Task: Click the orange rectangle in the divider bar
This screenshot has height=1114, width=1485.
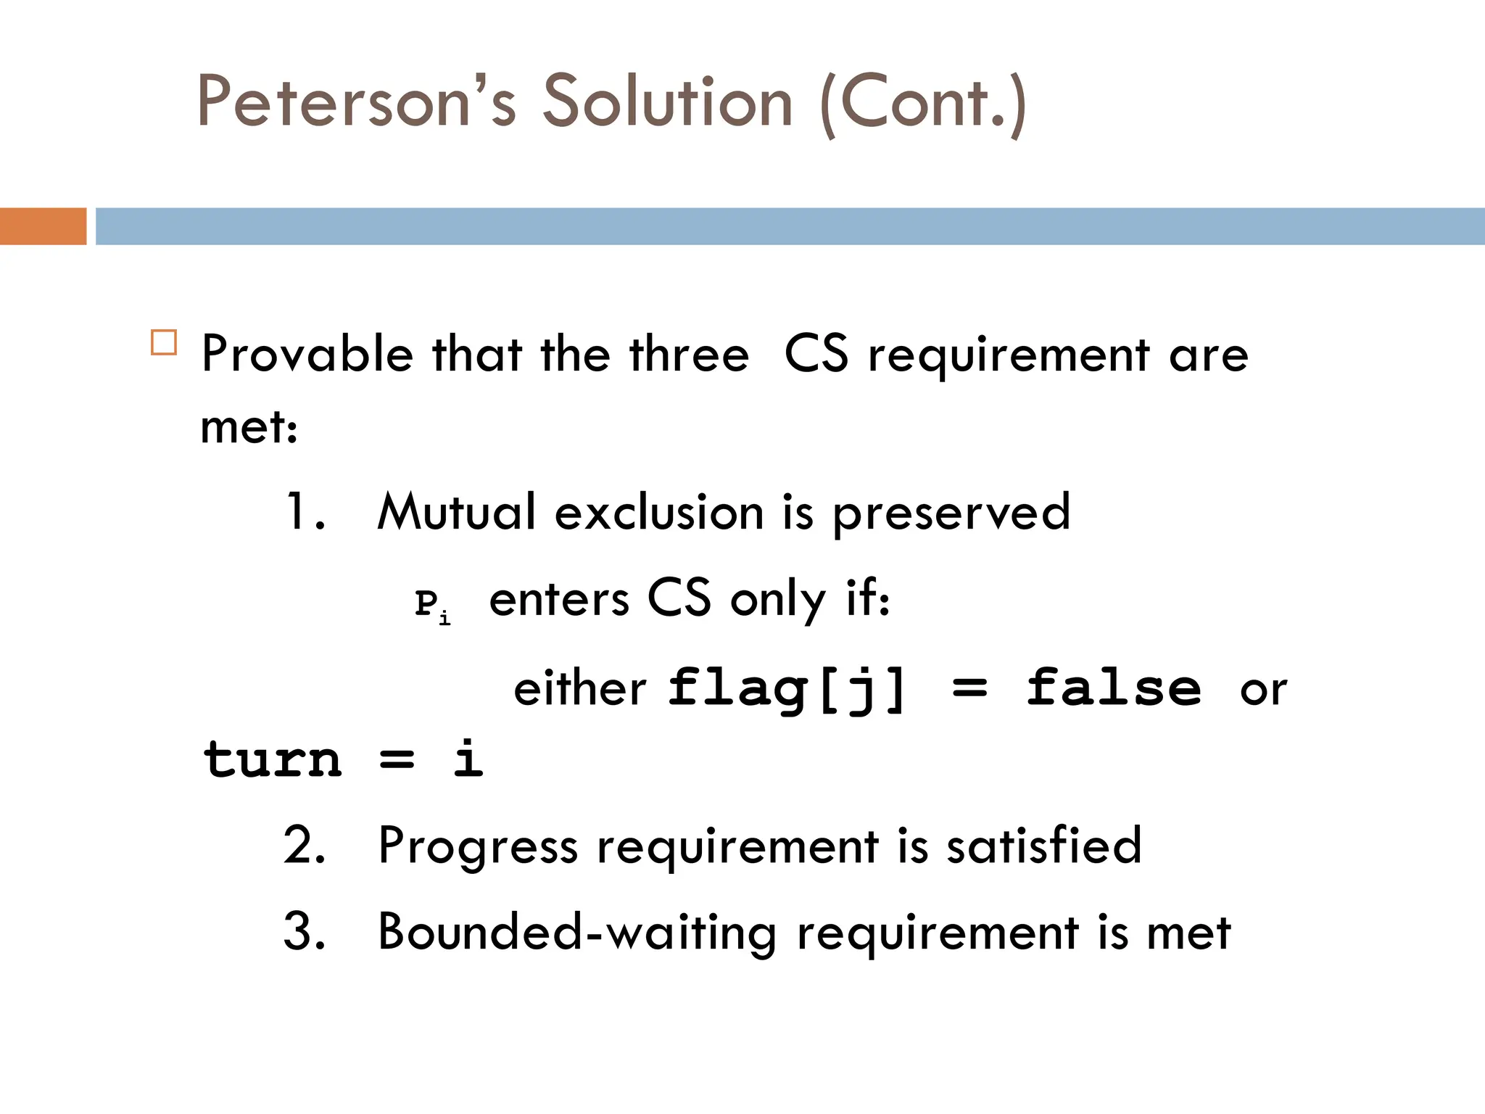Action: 43,226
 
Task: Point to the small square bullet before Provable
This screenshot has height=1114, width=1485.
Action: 164,342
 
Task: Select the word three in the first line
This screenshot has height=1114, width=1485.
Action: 689,355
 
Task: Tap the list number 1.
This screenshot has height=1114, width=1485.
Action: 305,512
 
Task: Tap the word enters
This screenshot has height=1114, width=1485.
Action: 559,601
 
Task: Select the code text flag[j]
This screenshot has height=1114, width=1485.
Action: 787,688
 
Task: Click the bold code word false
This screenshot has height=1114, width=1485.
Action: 1114,688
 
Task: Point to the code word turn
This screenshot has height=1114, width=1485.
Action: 273,759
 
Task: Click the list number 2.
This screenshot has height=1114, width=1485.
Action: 305,846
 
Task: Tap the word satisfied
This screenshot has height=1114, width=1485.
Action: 1044,846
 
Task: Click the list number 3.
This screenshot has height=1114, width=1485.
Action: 305,932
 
